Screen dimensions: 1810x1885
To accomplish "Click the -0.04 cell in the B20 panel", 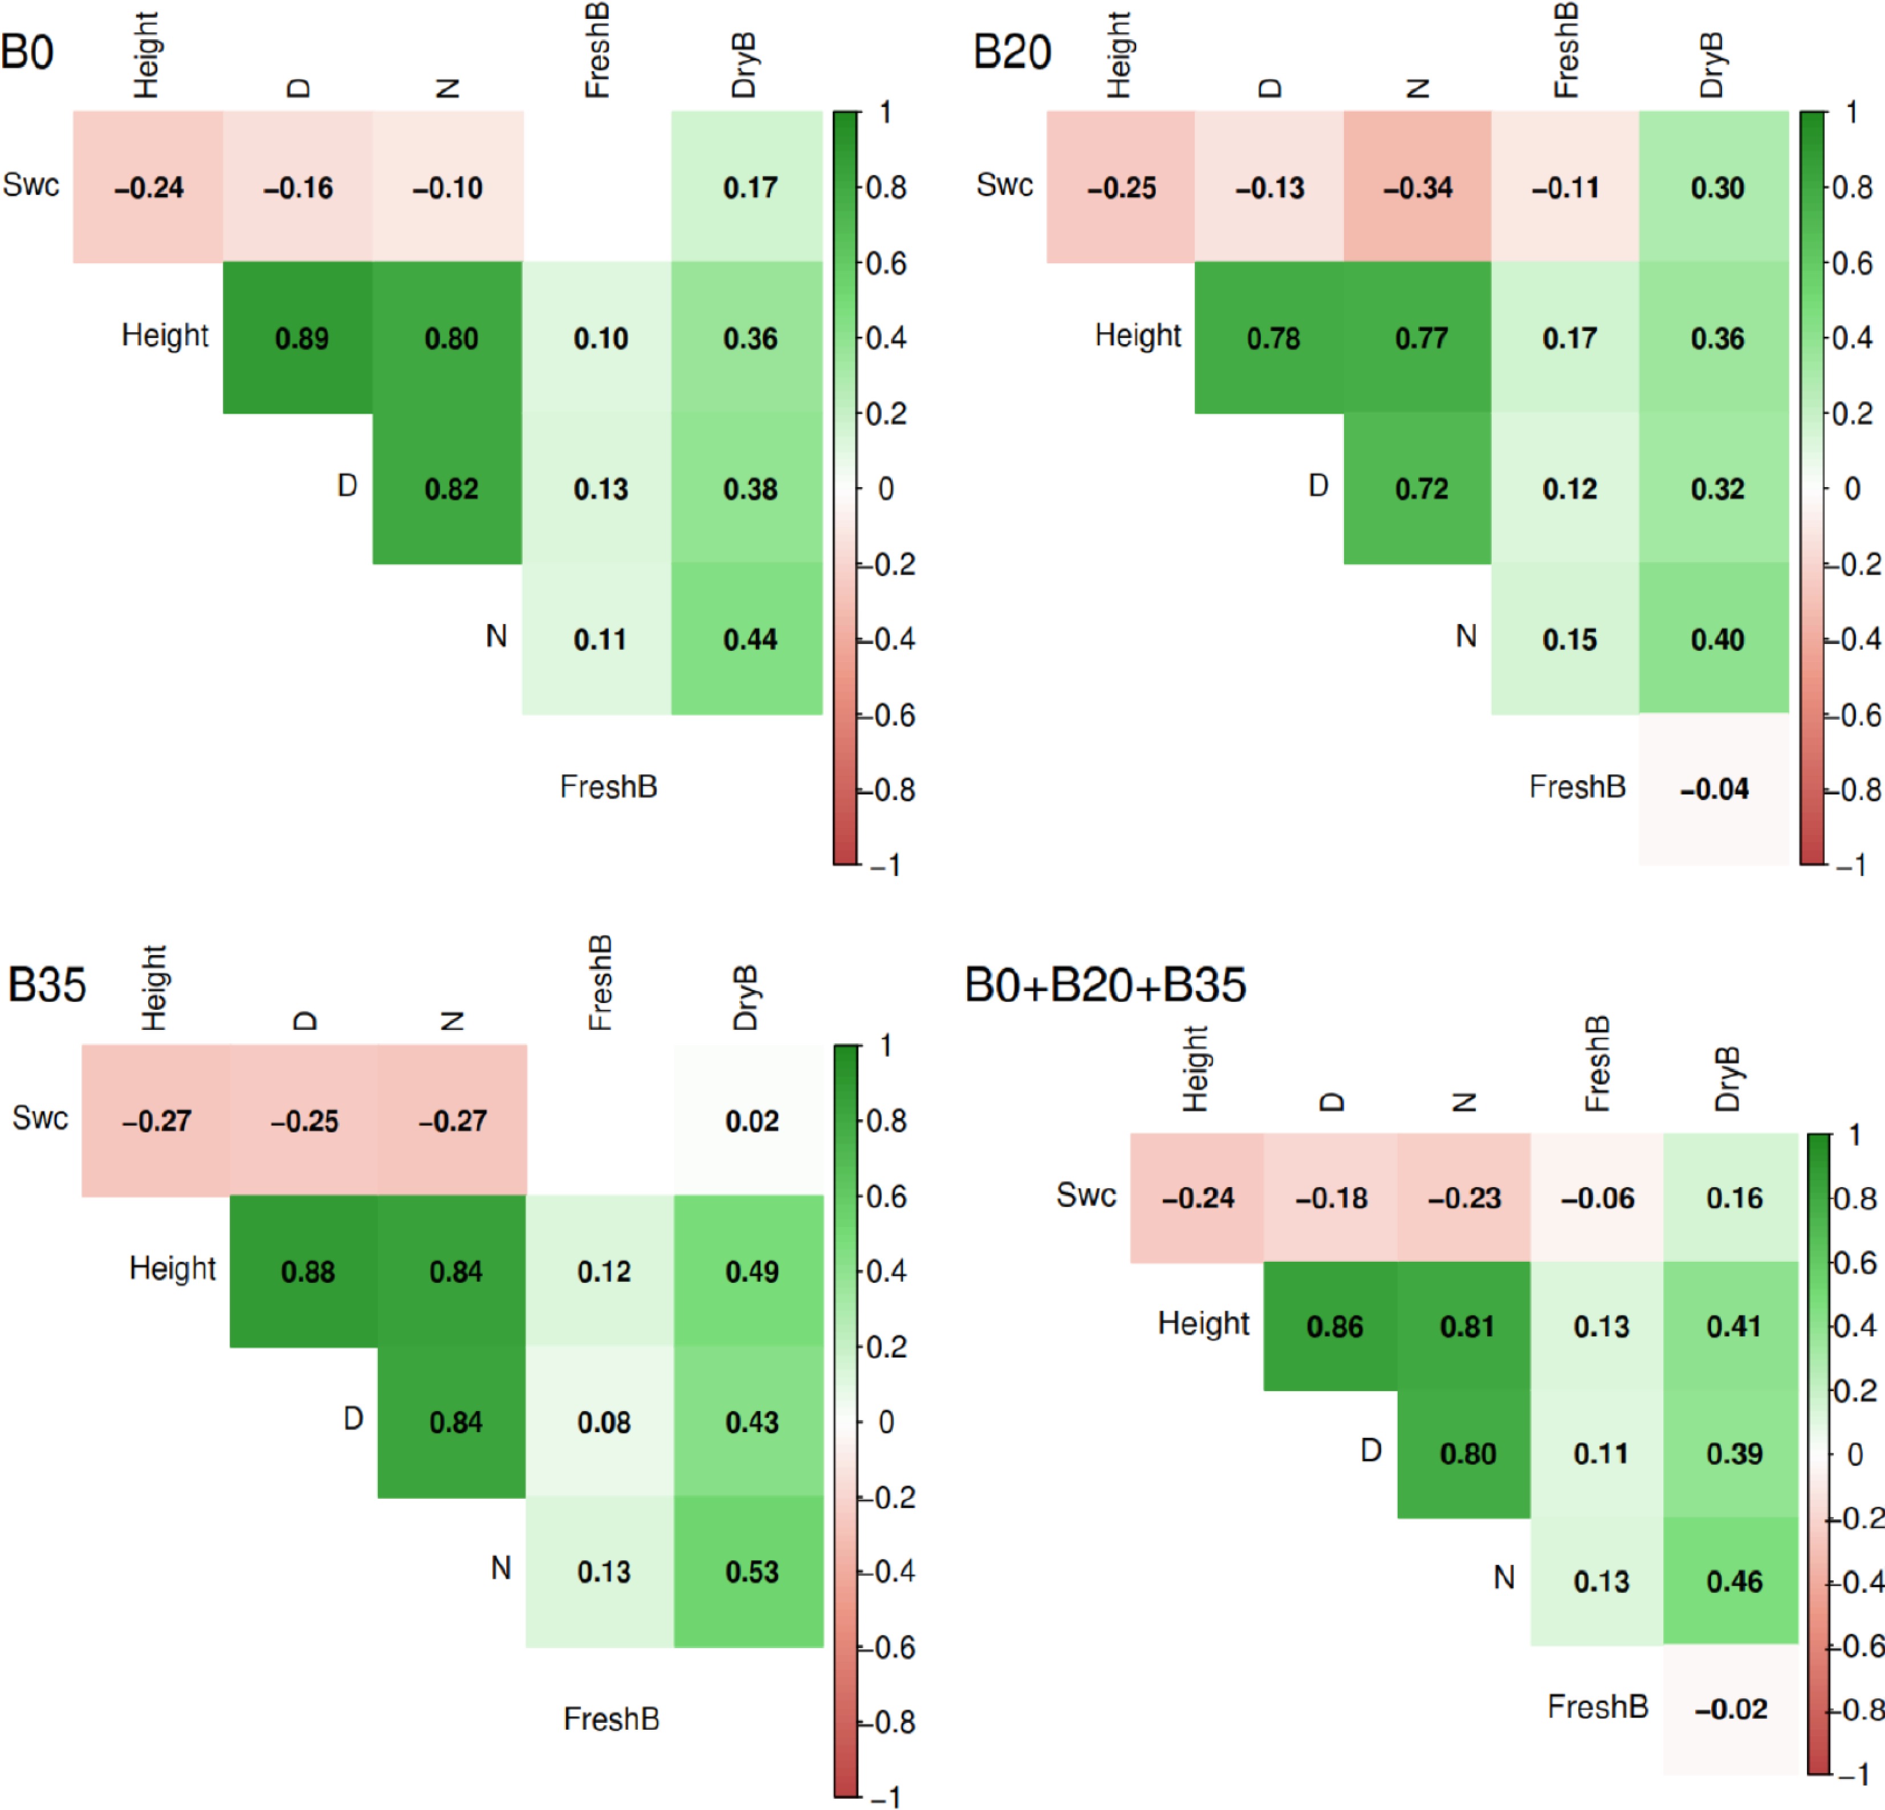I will coord(1714,789).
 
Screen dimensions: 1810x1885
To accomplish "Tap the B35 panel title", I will coord(46,985).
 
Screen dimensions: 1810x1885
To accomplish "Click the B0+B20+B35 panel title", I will coord(1105,985).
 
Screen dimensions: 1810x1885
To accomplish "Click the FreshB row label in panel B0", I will coord(609,786).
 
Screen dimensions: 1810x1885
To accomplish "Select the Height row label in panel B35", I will coord(172,1267).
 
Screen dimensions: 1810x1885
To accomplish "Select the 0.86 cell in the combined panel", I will coord(1334,1326).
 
